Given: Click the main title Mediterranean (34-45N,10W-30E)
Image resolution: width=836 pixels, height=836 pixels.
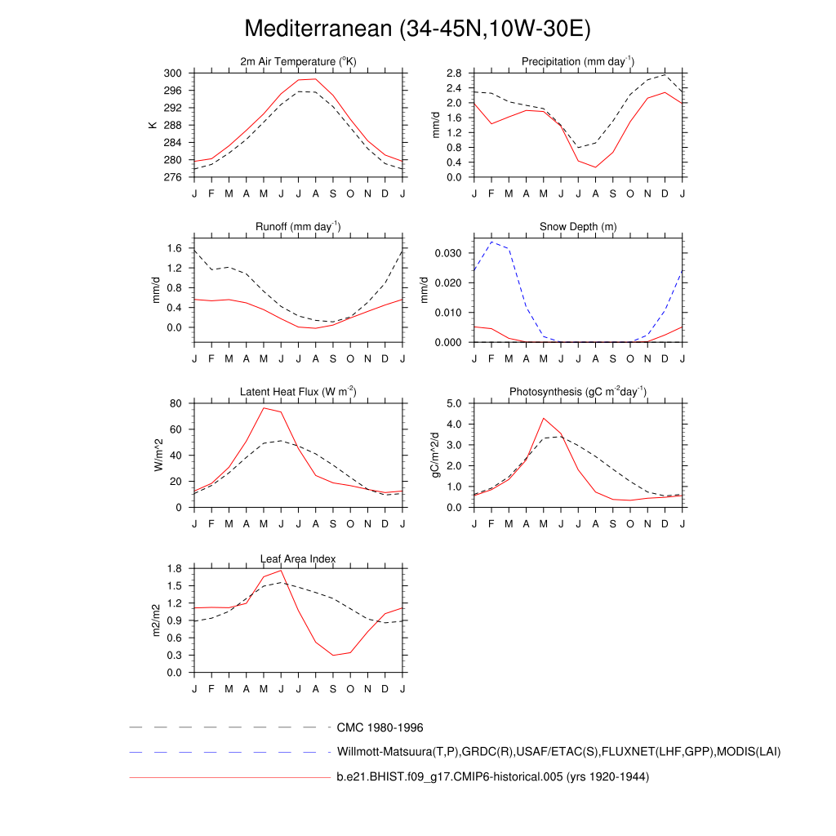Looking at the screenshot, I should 417,29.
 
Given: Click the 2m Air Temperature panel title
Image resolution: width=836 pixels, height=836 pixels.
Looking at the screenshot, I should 299,62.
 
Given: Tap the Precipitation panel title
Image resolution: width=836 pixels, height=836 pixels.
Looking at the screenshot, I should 578,62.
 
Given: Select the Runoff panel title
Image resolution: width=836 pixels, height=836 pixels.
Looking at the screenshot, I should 299,226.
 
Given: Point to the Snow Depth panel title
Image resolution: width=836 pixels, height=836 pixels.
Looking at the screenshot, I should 578,227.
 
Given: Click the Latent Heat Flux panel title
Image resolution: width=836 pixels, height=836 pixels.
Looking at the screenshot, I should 299,392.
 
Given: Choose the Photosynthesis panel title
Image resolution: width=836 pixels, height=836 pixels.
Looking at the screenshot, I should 578,392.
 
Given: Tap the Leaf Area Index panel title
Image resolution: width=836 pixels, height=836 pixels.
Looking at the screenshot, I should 299,558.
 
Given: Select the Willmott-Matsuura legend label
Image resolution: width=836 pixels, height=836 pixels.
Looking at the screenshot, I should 558,751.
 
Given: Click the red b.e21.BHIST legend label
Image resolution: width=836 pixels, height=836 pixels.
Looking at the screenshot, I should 492,777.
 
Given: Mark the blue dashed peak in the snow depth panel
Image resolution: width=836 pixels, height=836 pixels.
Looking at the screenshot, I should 491,242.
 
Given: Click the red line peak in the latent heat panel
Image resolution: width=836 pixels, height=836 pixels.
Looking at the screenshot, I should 264,407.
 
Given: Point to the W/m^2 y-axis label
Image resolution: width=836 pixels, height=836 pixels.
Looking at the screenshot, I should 159,455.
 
